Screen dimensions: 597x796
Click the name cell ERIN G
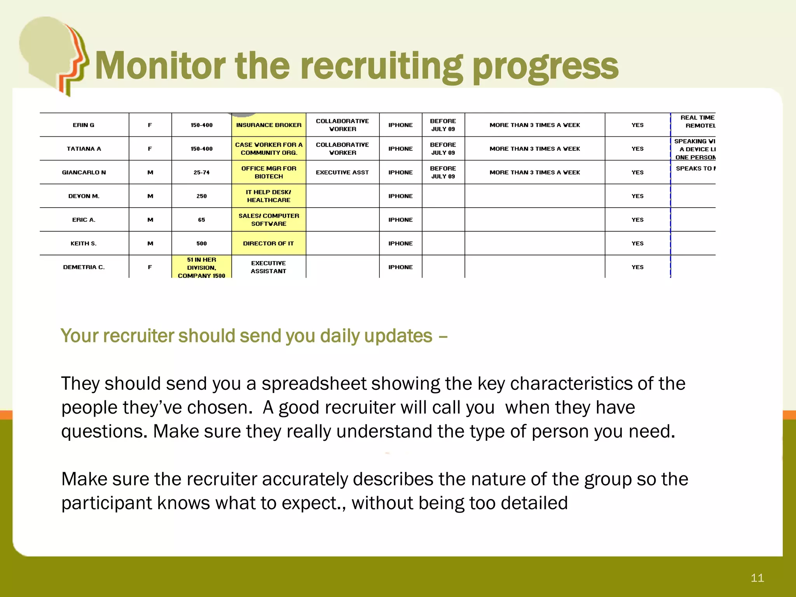(84, 125)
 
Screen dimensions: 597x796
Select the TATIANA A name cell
(84, 149)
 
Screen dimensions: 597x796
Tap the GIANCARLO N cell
(84, 173)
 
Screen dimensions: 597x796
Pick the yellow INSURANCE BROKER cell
(269, 125)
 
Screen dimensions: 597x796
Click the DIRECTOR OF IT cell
(269, 244)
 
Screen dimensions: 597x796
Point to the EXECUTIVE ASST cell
(342, 173)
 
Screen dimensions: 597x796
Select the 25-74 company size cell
(201, 173)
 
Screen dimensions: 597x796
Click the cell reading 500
(201, 244)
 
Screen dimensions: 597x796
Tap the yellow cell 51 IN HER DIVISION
(201, 267)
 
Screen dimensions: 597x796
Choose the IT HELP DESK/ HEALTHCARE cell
(269, 196)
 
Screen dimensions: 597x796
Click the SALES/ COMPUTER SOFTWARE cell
(269, 220)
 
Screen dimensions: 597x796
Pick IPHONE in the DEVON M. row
(400, 196)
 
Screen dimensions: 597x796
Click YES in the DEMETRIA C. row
(637, 267)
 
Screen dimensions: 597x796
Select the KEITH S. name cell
(84, 244)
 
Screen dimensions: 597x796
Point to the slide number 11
(757, 578)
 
